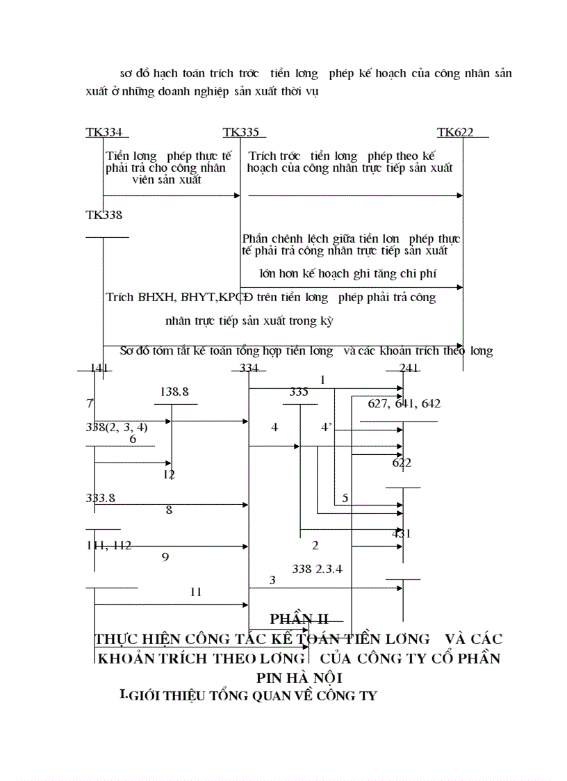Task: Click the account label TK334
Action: (104, 132)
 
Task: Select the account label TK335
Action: (240, 132)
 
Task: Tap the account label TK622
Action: (456, 132)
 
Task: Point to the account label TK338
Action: (104, 215)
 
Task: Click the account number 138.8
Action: (174, 392)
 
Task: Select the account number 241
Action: (409, 369)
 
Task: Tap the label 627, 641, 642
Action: (404, 403)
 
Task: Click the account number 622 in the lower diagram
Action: (402, 462)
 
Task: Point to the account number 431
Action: (402, 534)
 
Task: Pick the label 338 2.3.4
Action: (318, 568)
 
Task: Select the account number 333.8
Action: (101, 498)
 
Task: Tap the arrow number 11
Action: (196, 592)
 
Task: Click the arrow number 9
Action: (165, 556)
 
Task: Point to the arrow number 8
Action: (168, 510)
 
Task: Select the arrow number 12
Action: (169, 474)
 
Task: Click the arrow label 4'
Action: (326, 427)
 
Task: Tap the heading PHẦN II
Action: (299, 618)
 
